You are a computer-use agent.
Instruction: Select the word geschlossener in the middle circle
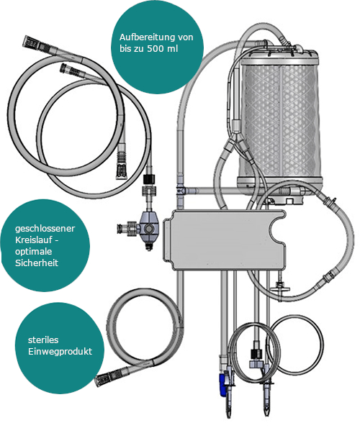point(45,229)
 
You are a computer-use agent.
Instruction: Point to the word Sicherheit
point(37,263)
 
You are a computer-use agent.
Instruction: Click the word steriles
point(43,340)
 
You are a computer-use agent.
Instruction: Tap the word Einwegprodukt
point(60,352)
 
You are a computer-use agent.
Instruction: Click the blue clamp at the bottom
point(223,383)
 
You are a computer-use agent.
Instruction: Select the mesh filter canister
point(279,120)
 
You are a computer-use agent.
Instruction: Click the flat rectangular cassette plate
point(224,240)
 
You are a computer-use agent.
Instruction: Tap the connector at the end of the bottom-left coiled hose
point(103,379)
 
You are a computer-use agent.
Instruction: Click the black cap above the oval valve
point(149,179)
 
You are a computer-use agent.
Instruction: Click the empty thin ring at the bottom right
point(295,315)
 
